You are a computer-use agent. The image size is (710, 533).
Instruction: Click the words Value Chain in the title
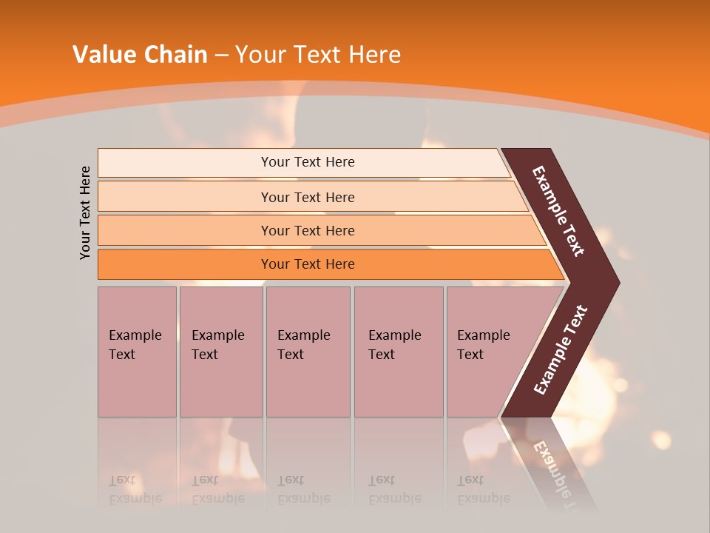tap(140, 54)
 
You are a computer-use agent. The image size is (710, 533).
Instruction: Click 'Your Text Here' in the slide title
tap(318, 54)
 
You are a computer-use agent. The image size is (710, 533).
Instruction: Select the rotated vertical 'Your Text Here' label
tap(85, 212)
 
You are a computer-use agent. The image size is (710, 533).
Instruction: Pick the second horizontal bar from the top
tap(307, 197)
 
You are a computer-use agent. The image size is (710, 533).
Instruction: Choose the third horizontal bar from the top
tap(307, 230)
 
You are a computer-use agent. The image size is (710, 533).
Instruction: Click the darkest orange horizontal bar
tap(307, 264)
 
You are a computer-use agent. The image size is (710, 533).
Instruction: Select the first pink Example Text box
tap(137, 351)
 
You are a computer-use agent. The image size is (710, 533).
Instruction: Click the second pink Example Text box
tap(220, 351)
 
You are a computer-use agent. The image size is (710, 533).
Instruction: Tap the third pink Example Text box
tap(308, 351)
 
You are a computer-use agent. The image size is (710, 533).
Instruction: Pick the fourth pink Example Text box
tap(398, 351)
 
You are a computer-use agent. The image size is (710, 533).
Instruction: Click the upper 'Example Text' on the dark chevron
tap(558, 211)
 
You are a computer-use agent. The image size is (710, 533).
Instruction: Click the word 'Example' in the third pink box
tap(303, 335)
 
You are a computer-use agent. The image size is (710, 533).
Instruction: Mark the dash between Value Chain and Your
tap(221, 55)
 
